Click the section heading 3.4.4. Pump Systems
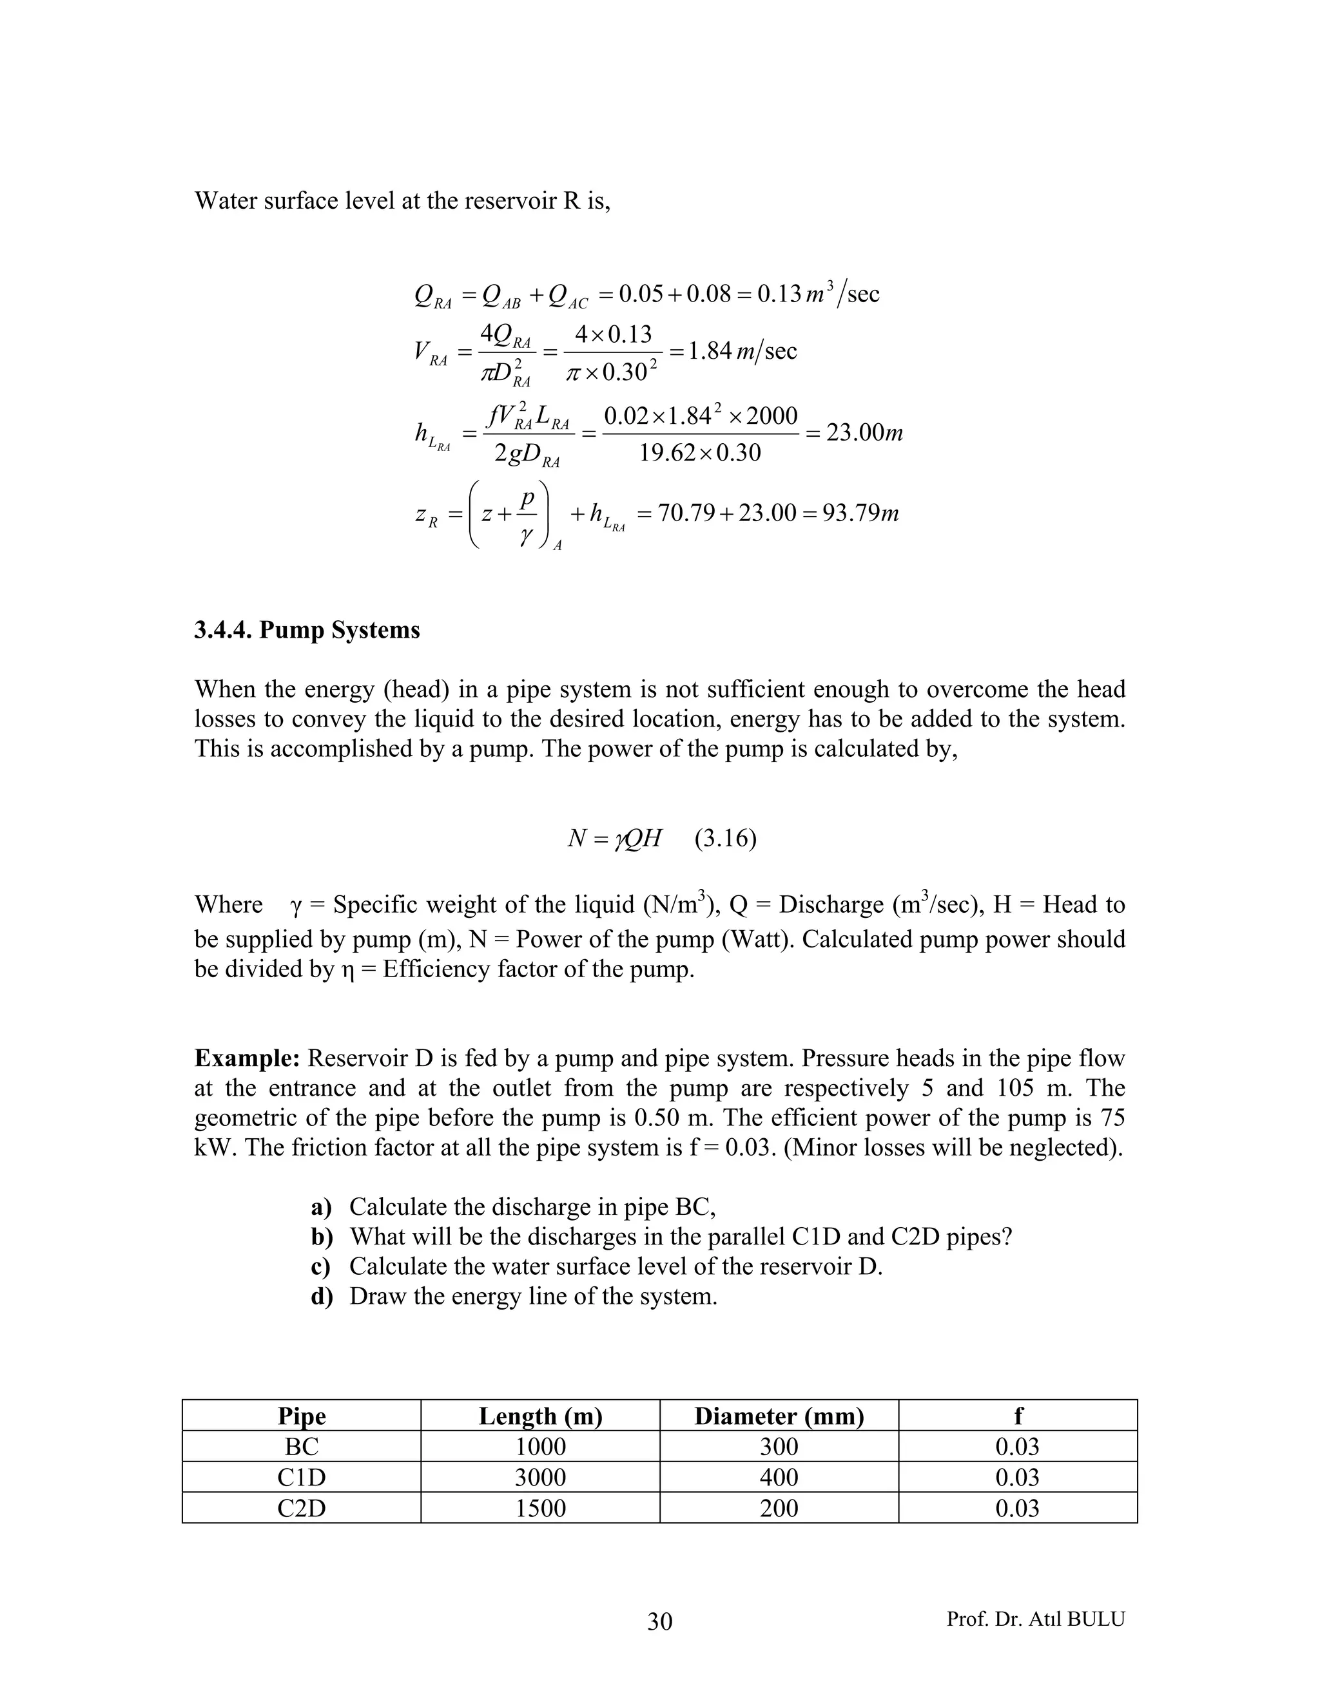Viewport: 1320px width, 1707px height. [307, 630]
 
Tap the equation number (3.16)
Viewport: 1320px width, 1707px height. [725, 839]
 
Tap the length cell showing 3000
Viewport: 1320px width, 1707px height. [540, 1477]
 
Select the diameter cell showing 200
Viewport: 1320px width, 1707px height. [779, 1508]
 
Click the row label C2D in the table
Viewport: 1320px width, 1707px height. [302, 1508]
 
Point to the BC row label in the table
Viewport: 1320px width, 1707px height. [302, 1447]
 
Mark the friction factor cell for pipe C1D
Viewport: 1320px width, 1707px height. [1017, 1477]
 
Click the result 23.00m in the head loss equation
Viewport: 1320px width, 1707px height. [864, 432]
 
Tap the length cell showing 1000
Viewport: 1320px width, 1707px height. [540, 1447]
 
